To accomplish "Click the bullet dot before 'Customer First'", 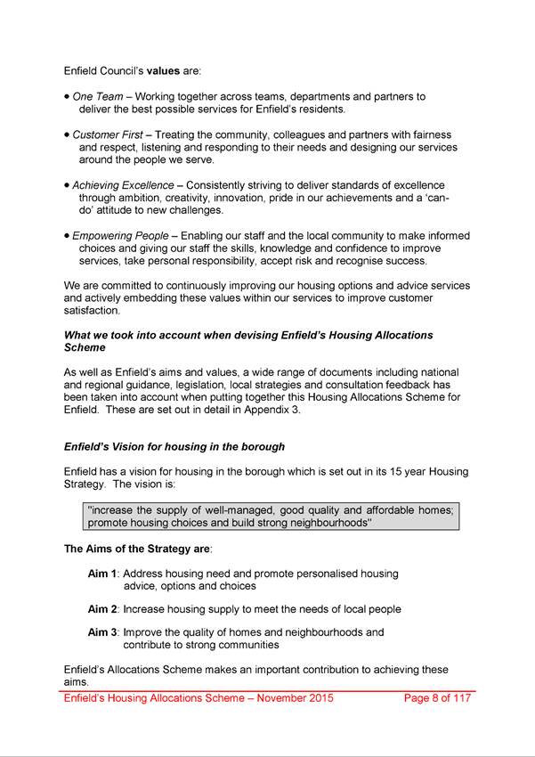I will pyautogui.click(x=67, y=134).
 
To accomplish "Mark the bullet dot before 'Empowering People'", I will pyautogui.click(x=67, y=236).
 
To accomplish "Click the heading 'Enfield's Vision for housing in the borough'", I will pyautogui.click(x=174, y=445).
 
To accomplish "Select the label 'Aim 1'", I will pyautogui.click(x=103, y=574).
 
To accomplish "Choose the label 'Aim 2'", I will pyautogui.click(x=103, y=609).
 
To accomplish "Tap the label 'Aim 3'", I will pyautogui.click(x=103, y=632).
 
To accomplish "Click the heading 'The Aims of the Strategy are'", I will pyautogui.click(x=137, y=549).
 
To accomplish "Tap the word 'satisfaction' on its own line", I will pyautogui.click(x=92, y=311).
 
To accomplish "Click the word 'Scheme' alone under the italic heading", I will pyautogui.click(x=87, y=348).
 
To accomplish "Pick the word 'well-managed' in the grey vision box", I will pyautogui.click(x=232, y=509).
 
